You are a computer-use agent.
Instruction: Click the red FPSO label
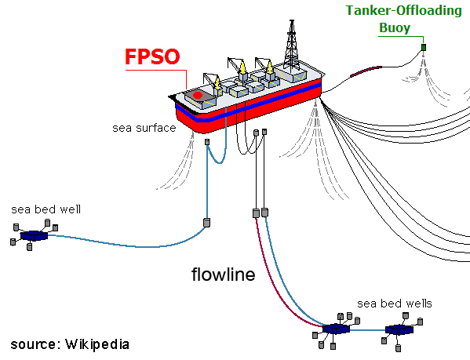point(152,56)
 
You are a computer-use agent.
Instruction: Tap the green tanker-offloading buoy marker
point(424,47)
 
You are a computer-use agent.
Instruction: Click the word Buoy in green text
point(395,28)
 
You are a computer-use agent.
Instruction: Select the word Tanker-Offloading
point(404,11)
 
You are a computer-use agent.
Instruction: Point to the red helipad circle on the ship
point(198,95)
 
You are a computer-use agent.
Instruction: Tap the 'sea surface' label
point(144,128)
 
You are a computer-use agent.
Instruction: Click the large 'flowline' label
point(224,274)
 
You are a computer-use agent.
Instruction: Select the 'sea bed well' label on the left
point(46,209)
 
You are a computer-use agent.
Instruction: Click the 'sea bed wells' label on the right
point(395,304)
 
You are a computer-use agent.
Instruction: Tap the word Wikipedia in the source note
point(97,344)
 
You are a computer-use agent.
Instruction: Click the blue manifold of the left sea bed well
point(34,235)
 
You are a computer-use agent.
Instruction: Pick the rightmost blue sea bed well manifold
point(399,329)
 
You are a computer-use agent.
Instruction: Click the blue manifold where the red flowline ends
point(336,329)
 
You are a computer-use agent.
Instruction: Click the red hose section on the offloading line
point(366,71)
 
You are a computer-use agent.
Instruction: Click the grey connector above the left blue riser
point(207,142)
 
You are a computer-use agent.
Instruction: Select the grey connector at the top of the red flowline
point(256,213)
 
